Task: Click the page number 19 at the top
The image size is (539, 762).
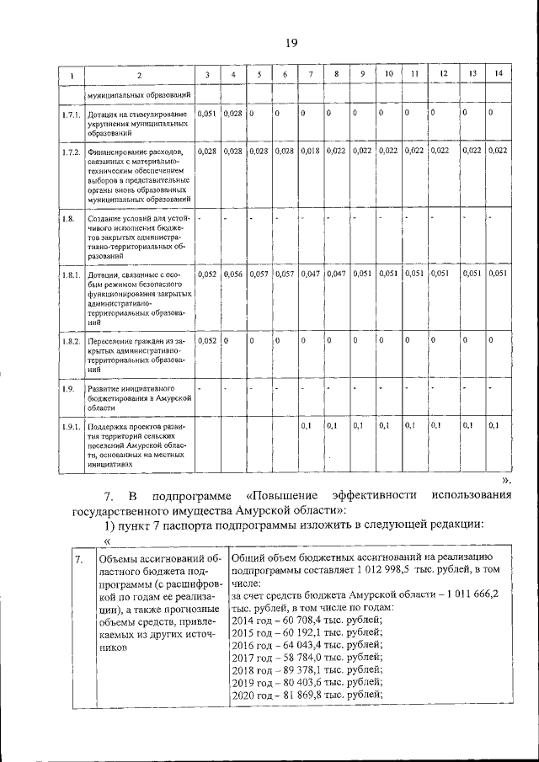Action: [x=291, y=43]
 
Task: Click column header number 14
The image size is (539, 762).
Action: [x=499, y=75]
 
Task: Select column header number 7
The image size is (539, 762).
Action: [x=311, y=75]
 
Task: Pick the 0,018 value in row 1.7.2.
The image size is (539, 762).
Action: [x=311, y=152]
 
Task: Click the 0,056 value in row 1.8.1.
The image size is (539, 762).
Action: [x=232, y=274]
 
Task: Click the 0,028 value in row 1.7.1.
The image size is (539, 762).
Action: [x=232, y=113]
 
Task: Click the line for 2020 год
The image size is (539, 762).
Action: [x=307, y=695]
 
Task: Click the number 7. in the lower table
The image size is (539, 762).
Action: [x=78, y=558]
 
